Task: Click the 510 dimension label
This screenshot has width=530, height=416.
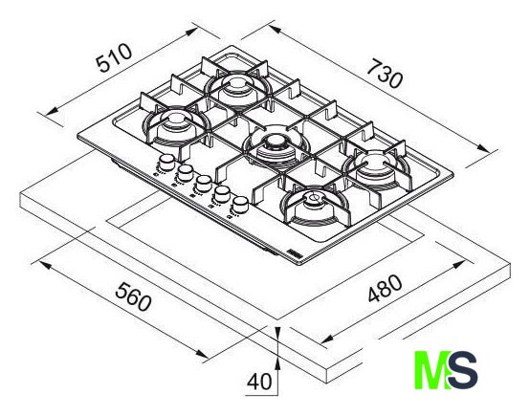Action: pyautogui.click(x=114, y=57)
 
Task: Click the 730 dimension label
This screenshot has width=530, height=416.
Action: pyautogui.click(x=385, y=74)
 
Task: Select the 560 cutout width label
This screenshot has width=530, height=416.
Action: pyautogui.click(x=133, y=297)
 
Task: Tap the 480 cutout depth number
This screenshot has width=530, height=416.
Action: pyautogui.click(x=385, y=288)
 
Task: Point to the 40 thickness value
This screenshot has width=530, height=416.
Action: pyautogui.click(x=259, y=382)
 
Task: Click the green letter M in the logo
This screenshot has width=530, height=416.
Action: pyautogui.click(x=431, y=370)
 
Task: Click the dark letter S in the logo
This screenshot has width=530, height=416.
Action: pyautogui.click(x=462, y=370)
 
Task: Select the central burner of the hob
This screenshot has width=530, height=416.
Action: pyautogui.click(x=276, y=147)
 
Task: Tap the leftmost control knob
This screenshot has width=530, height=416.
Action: pyautogui.click(x=166, y=163)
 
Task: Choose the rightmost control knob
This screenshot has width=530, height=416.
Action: pyautogui.click(x=240, y=205)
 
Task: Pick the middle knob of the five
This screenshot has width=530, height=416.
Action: pyautogui.click(x=203, y=184)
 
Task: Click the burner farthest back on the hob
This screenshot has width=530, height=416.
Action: pyautogui.click(x=238, y=88)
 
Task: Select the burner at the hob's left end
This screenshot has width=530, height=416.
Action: pyautogui.click(x=176, y=124)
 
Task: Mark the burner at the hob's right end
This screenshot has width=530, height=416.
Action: pyautogui.click(x=376, y=166)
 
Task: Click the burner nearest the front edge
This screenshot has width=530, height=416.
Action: pyautogui.click(x=314, y=206)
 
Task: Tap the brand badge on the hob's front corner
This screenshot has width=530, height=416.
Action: pyautogui.click(x=294, y=253)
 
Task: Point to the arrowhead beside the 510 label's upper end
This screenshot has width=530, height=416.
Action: pyautogui.click(x=191, y=32)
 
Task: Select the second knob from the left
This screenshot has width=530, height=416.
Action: pyautogui.click(x=185, y=173)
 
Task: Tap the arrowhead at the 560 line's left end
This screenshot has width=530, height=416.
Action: pyautogui.click(x=46, y=265)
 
